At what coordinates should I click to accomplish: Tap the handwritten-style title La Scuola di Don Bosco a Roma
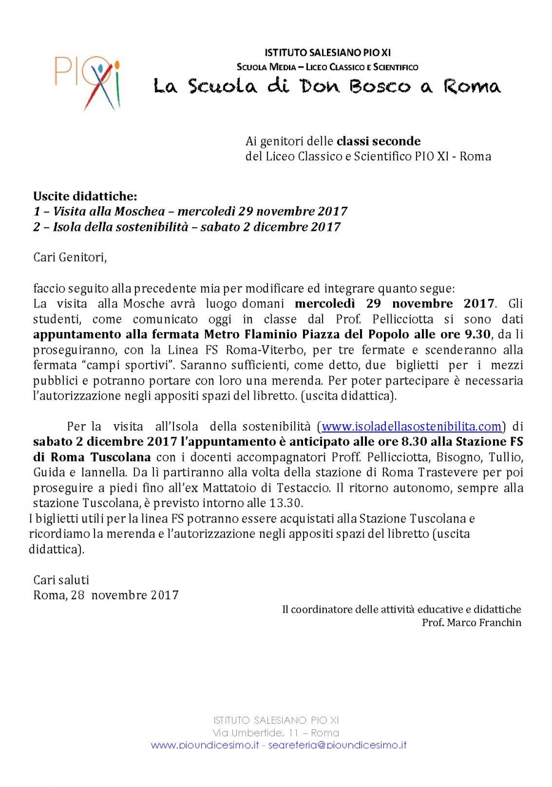point(326,86)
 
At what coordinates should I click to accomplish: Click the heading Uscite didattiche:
point(85,196)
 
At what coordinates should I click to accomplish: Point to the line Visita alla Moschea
point(190,212)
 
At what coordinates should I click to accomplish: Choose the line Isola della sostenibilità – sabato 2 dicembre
point(187,228)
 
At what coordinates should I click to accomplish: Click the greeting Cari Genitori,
point(70,257)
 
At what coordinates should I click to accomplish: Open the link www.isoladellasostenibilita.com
point(412,426)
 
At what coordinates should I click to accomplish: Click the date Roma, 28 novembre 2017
point(106,595)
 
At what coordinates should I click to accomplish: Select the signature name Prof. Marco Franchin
point(471,622)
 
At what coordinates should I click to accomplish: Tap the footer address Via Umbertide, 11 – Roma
point(276,733)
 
